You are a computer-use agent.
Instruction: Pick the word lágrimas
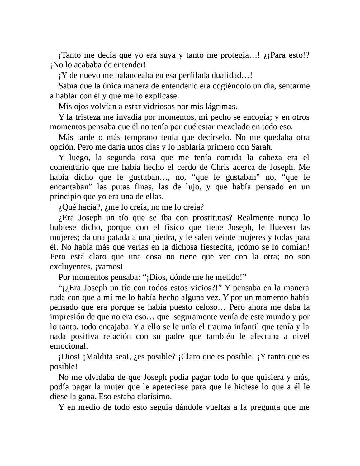(221, 107)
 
